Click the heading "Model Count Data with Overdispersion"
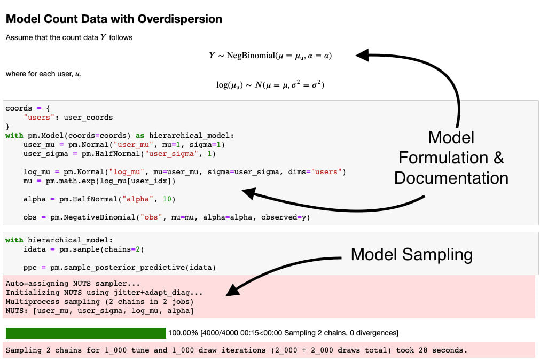click(114, 19)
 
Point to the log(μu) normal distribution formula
click(270, 85)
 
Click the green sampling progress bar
click(85, 333)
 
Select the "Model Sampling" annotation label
click(411, 254)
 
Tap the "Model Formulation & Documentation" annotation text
click(451, 157)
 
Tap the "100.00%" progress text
click(183, 333)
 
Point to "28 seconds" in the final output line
click(446, 350)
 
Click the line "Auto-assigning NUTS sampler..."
click(73, 284)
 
